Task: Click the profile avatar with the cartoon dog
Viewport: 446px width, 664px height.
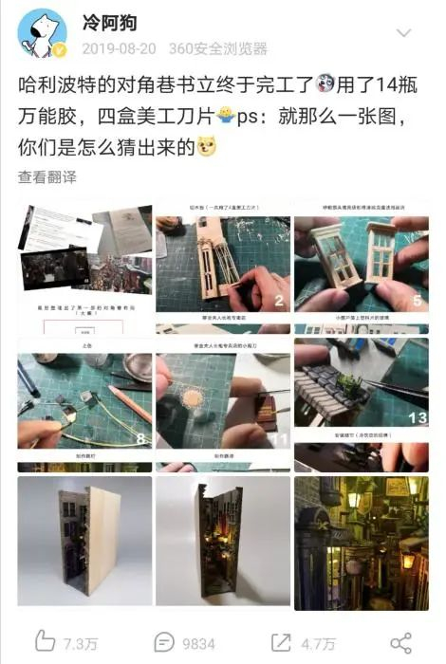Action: point(41,34)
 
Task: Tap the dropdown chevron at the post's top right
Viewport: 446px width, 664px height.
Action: point(403,33)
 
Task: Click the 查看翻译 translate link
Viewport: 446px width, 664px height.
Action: point(46,177)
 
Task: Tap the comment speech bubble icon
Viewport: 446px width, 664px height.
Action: point(164,642)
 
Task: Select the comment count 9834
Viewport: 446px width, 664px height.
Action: point(199,643)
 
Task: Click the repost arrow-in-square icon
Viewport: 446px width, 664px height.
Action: point(282,642)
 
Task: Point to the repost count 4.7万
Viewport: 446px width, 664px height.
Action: point(318,643)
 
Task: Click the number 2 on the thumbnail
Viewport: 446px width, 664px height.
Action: point(279,302)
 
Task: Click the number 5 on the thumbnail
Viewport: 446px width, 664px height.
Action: point(416,302)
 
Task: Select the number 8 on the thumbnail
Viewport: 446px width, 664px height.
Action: point(139,439)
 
